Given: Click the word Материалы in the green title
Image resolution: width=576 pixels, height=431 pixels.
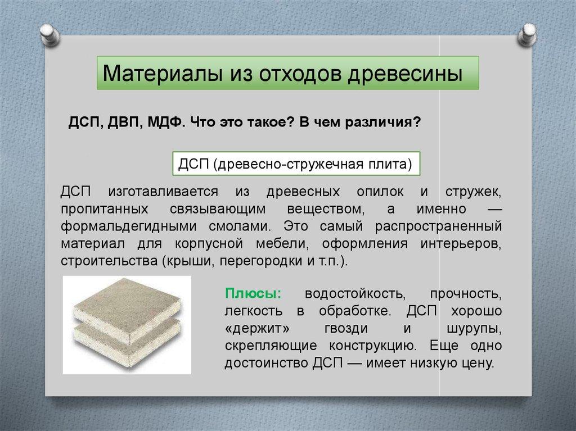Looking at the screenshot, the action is coord(163,73).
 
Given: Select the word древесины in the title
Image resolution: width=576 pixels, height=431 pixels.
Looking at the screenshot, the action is coord(405,74).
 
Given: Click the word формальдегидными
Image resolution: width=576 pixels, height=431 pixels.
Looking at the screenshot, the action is coord(129,226).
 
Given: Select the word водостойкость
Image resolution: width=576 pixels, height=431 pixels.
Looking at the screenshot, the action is coord(355,294).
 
